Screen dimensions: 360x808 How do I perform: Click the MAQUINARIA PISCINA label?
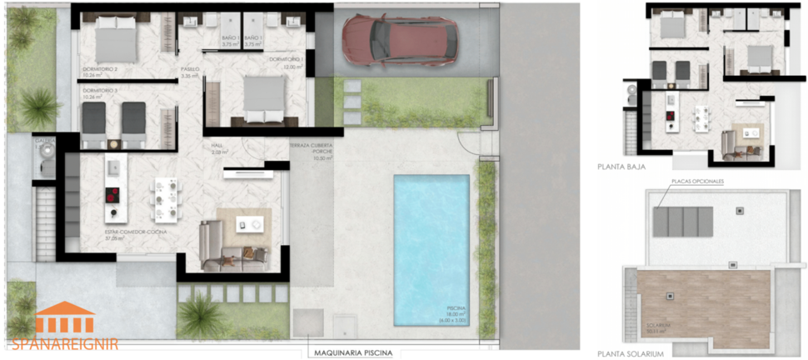(x=352, y=352)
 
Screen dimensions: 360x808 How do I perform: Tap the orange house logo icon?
(x=65, y=319)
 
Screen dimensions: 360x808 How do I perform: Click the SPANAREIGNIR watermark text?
(x=65, y=342)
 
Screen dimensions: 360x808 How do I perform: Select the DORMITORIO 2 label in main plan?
(x=100, y=68)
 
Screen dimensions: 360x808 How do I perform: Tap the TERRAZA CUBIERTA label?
(x=311, y=146)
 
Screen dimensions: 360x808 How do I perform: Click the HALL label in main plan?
(x=218, y=146)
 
